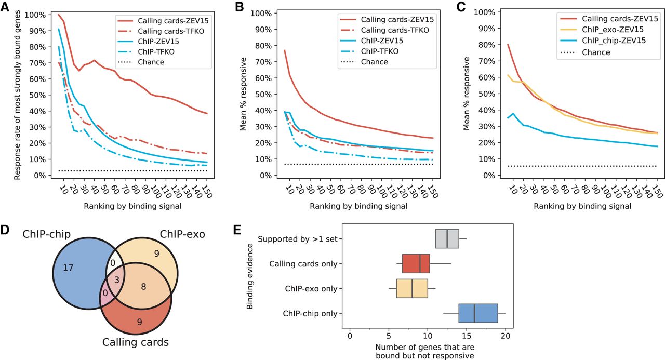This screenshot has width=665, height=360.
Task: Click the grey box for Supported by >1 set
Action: (447, 238)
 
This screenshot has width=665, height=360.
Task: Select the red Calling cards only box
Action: (416, 263)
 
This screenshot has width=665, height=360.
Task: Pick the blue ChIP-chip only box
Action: (478, 314)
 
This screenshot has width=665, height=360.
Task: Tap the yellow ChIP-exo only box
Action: (412, 288)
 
